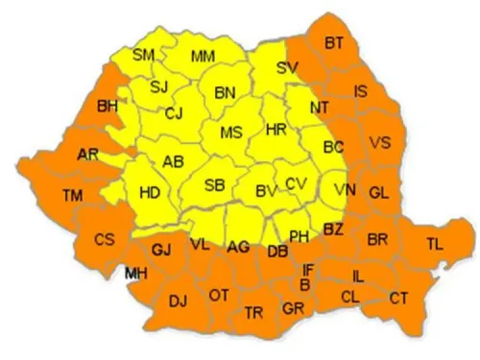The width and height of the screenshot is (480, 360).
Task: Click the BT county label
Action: point(333,43)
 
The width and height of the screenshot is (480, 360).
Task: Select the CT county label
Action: point(399,297)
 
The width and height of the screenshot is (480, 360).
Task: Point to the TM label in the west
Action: point(72,196)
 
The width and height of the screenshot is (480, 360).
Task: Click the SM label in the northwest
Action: point(143,55)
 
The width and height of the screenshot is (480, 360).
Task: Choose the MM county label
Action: point(203,57)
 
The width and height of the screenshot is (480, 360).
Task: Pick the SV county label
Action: point(288,67)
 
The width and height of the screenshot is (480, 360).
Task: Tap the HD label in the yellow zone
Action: point(149,191)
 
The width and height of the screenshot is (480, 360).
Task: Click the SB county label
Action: point(214,185)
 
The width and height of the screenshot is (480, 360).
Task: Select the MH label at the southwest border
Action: point(136,274)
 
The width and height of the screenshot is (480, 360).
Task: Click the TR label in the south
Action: point(254,313)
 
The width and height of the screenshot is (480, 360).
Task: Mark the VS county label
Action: point(380,142)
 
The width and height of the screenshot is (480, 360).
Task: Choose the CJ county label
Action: point(173,114)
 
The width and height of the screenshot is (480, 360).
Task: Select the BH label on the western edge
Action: point(108,106)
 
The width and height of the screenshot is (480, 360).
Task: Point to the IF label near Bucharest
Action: point(308,270)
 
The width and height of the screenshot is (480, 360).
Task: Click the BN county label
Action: point(225,93)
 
